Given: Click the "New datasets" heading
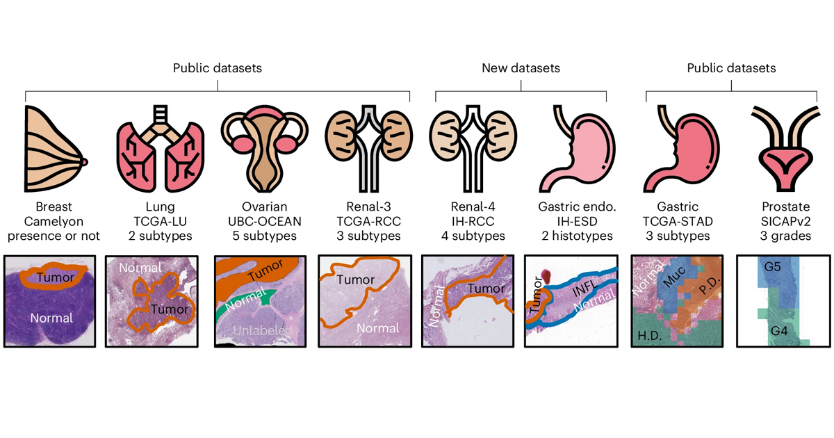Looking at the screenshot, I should (521, 68).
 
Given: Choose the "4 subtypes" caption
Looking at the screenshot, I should (472, 236).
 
